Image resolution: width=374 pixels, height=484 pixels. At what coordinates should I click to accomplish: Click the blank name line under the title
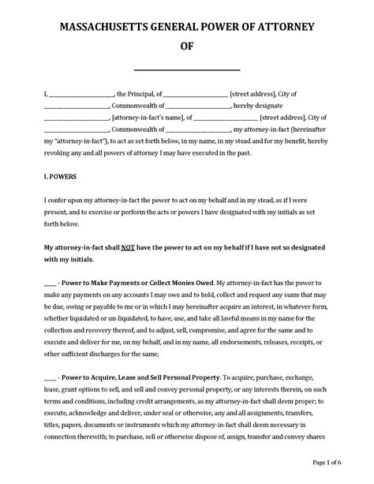click(x=187, y=69)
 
